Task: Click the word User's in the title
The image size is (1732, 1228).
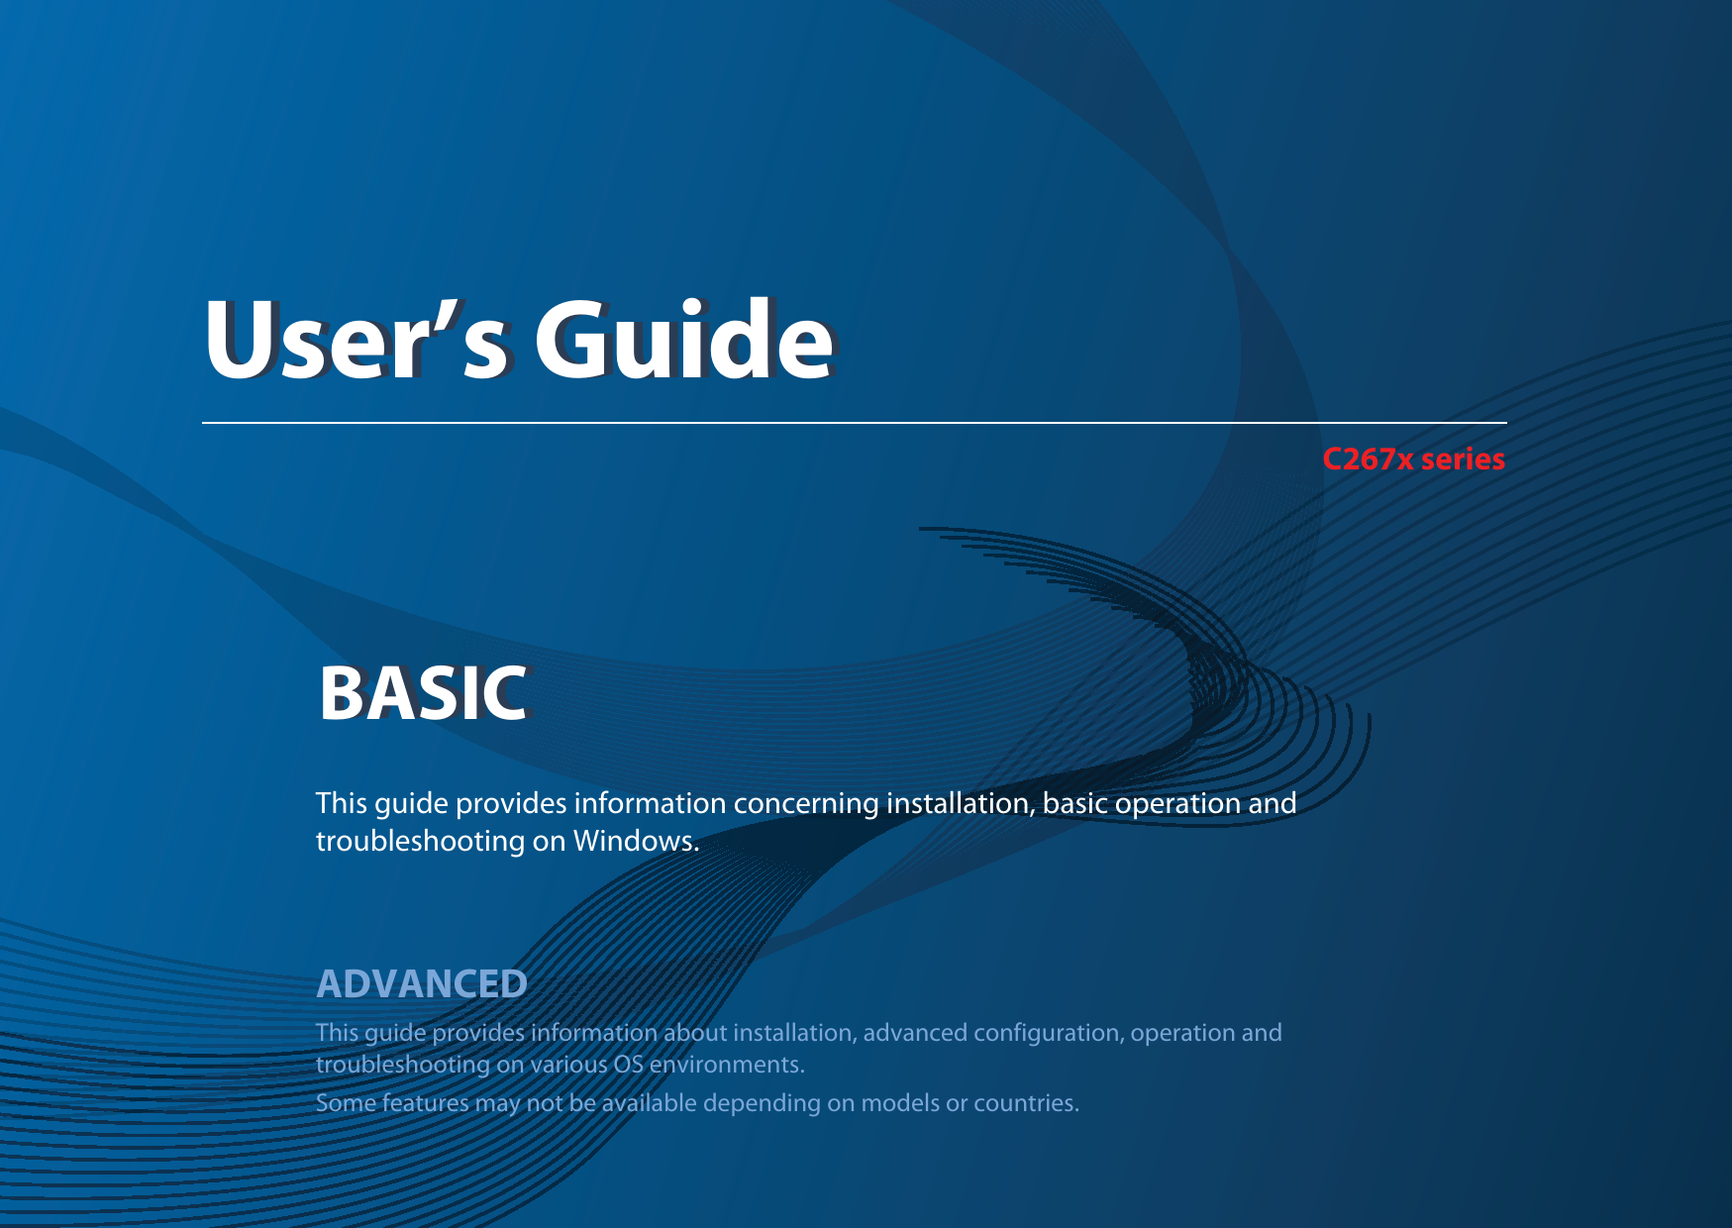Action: coord(357,341)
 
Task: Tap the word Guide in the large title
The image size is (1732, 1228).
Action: coord(684,339)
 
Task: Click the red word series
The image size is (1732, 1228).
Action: coord(1463,460)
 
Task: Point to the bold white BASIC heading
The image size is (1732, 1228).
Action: coord(423,693)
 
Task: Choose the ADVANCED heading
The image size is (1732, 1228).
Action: coord(422,984)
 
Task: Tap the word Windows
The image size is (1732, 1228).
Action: coord(636,841)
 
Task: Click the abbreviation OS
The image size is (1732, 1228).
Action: coord(628,1065)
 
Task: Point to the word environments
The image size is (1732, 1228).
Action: coord(727,1065)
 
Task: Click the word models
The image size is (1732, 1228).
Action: coord(899,1103)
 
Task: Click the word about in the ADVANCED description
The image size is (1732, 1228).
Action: coord(695,1033)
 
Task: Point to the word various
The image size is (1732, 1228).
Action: coord(568,1065)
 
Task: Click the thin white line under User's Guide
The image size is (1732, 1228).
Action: coord(855,423)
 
